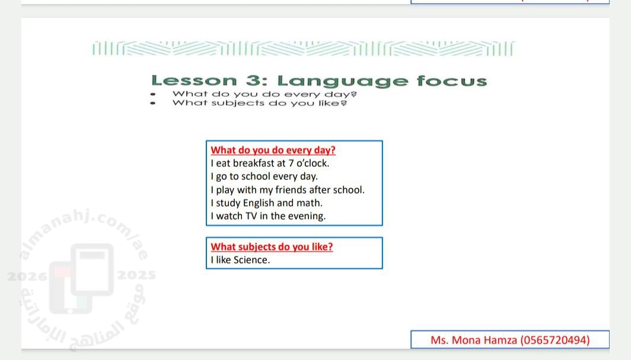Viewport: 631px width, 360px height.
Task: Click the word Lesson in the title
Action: click(194, 81)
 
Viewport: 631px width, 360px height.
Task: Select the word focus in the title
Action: click(452, 81)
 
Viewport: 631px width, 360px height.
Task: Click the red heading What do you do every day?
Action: click(273, 150)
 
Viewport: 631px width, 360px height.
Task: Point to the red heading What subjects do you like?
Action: click(272, 247)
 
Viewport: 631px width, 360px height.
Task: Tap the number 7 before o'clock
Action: click(291, 163)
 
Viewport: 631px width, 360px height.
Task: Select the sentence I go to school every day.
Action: click(264, 177)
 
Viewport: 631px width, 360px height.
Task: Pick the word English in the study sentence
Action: click(259, 203)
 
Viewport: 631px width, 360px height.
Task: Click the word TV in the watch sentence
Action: click(251, 216)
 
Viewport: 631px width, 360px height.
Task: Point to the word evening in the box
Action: click(307, 216)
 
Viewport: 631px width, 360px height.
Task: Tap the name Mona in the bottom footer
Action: click(466, 340)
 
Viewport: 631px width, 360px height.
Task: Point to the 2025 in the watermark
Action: click(137, 275)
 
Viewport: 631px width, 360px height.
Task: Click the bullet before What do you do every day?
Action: click(152, 94)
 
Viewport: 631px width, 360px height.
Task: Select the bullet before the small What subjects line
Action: click(152, 103)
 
